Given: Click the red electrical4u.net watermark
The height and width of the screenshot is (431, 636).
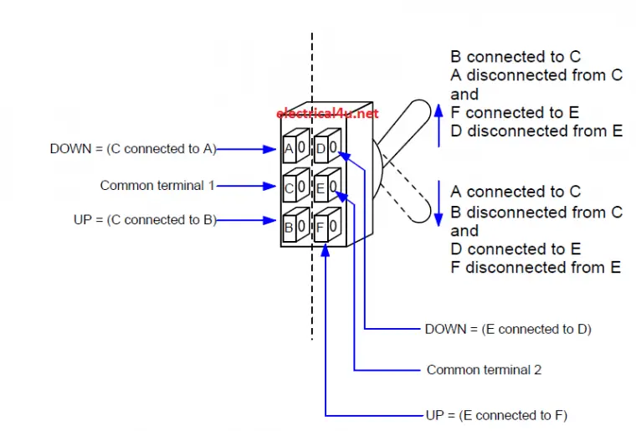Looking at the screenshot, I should pos(326,113).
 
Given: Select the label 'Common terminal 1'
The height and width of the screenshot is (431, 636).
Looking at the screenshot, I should pos(157,185).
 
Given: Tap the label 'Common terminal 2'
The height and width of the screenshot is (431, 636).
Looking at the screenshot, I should pos(484,369).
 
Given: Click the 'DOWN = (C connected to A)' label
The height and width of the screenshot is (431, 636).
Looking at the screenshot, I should pos(133,149).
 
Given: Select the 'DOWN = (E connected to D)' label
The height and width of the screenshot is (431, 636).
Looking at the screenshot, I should pos(507,329).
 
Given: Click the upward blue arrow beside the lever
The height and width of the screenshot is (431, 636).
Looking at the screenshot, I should pos(436,124).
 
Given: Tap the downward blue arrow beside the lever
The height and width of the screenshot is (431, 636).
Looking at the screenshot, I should pos(436,203).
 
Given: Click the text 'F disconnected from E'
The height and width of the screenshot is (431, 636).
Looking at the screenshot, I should pos(536,268).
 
